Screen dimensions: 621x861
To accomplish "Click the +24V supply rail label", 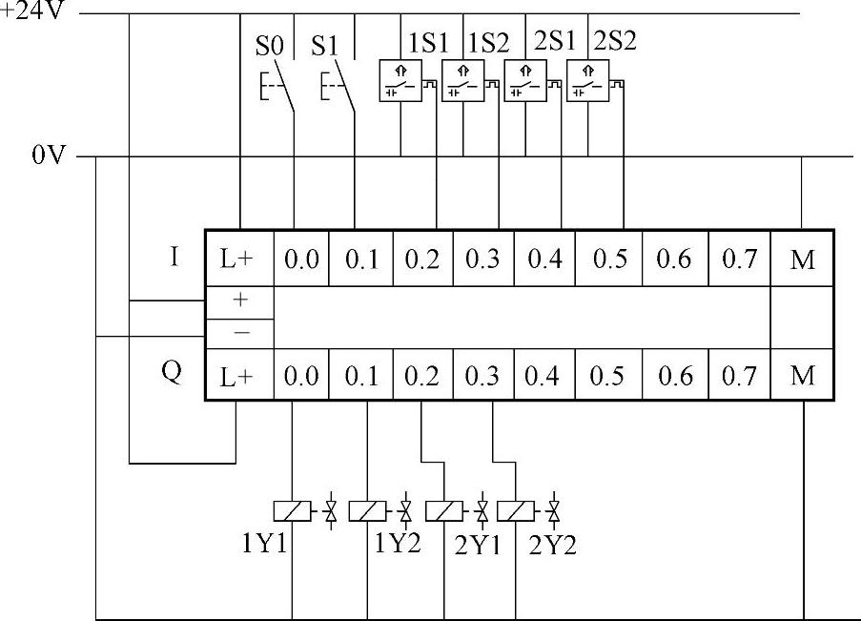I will click(33, 14).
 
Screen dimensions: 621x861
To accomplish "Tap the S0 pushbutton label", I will click(269, 45).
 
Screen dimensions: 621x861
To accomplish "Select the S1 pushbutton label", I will click(326, 45).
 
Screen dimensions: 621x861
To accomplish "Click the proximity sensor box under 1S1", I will click(400, 80).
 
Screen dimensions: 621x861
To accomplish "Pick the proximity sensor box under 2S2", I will click(587, 80).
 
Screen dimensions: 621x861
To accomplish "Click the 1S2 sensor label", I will click(488, 43).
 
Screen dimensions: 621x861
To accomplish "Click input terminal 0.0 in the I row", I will click(301, 259).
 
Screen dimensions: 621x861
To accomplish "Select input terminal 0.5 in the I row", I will click(606, 259).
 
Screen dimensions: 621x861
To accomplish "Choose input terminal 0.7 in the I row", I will click(739, 259).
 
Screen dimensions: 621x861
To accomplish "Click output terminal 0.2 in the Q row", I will click(421, 377).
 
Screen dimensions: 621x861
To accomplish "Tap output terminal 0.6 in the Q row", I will click(674, 377).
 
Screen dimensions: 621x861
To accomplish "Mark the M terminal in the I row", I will click(803, 259).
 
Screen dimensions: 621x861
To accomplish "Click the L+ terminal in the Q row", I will click(240, 377).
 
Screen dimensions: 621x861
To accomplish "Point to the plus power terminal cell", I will click(240, 300).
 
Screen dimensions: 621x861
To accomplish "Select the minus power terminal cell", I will click(240, 332).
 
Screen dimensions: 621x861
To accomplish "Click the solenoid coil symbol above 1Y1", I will click(291, 511).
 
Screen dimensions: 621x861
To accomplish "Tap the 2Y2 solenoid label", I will click(553, 547).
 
